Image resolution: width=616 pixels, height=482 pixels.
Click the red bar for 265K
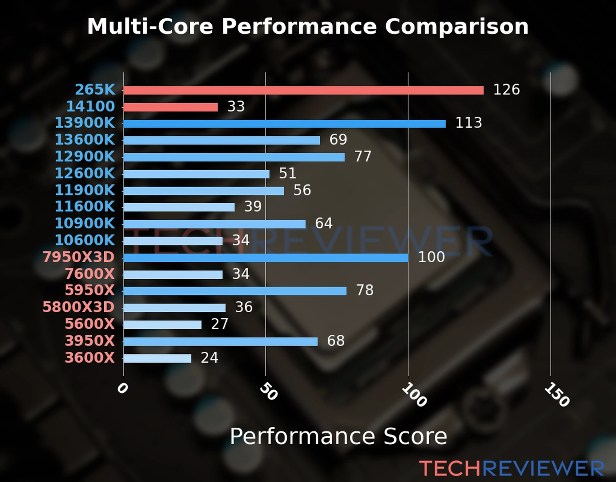(303, 90)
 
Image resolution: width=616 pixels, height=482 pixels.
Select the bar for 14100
(170, 107)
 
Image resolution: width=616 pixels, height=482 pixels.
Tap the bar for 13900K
(284, 124)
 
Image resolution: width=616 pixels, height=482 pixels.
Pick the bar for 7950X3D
(265, 258)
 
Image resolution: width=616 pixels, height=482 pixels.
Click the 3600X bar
(157, 358)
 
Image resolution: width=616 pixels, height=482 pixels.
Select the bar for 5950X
(235, 291)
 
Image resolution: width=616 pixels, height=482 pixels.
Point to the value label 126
(506, 90)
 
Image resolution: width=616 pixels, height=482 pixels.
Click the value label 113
(468, 123)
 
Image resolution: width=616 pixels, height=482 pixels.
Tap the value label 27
(219, 324)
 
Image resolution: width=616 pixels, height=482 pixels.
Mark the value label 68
(336, 341)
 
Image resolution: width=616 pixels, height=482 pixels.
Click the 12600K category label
(85, 174)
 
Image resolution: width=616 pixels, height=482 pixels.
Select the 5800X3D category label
(79, 307)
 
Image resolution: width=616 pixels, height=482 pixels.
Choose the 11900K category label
(85, 190)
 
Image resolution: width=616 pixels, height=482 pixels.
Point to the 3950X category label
(90, 341)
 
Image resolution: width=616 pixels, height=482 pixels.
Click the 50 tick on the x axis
(268, 392)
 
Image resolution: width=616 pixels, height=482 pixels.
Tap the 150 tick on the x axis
(557, 394)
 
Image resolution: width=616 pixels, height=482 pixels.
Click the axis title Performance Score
(338, 437)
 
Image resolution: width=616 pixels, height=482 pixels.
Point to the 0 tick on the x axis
(122, 388)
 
